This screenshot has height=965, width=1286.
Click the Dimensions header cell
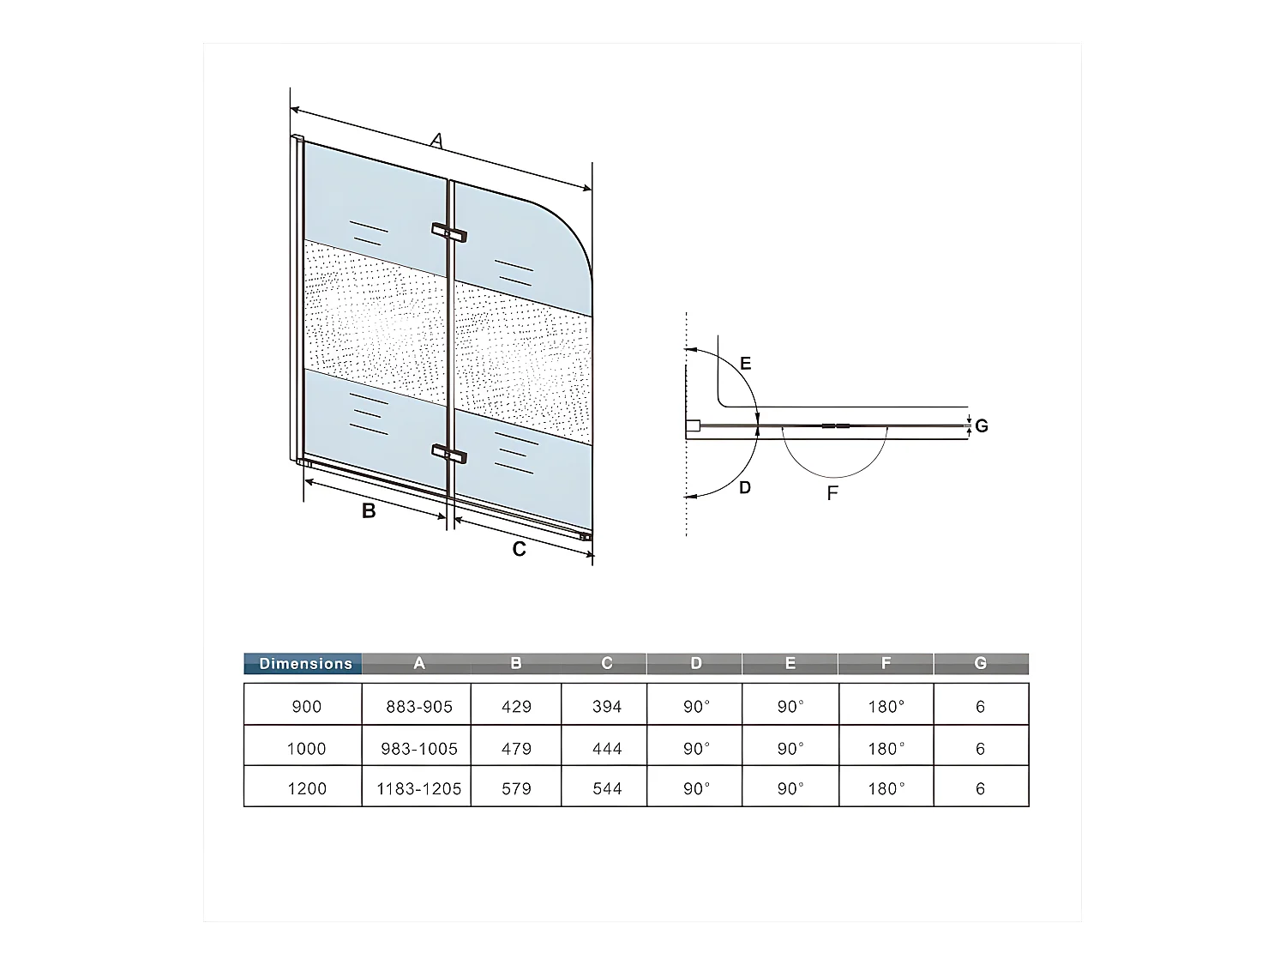click(x=304, y=663)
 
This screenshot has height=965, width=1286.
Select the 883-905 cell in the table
click(x=418, y=707)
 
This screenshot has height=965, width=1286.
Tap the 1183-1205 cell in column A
click(x=418, y=788)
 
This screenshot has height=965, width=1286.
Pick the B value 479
click(x=516, y=748)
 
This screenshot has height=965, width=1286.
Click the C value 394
click(x=606, y=707)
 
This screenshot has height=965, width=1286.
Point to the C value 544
click(x=606, y=788)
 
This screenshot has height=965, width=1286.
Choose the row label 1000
click(x=306, y=748)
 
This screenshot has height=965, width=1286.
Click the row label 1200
click(x=306, y=788)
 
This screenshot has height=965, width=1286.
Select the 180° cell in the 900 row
click(x=886, y=707)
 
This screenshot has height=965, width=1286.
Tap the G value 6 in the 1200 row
click(x=980, y=788)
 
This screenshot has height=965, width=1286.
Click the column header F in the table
click(x=886, y=663)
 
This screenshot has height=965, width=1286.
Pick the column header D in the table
click(x=695, y=663)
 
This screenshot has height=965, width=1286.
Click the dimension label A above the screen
click(x=437, y=140)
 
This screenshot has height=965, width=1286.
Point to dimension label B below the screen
click(x=369, y=511)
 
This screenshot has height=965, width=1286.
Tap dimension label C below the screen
click(x=519, y=549)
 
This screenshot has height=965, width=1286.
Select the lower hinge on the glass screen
click(x=449, y=453)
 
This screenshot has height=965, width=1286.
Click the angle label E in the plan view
click(x=745, y=364)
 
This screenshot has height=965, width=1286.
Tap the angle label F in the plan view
click(x=832, y=493)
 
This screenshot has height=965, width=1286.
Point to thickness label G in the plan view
click(x=982, y=425)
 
